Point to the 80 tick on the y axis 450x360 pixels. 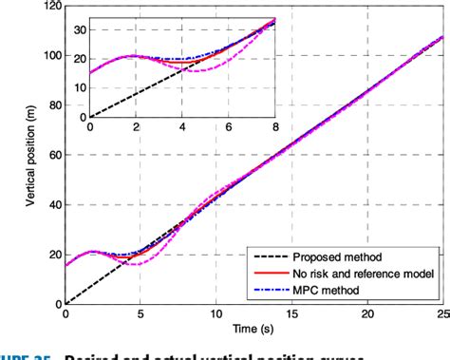pyautogui.click(x=55, y=105)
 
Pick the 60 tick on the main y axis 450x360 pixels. pyautogui.click(x=55, y=155)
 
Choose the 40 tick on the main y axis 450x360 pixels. pyautogui.click(x=55, y=204)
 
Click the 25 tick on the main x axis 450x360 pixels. pyautogui.click(x=442, y=313)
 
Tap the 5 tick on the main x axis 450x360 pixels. pyautogui.click(x=141, y=313)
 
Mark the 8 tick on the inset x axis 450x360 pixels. pyautogui.click(x=275, y=125)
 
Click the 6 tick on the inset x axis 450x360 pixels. pyautogui.click(x=229, y=125)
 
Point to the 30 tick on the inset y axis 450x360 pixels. pyautogui.click(x=81, y=29)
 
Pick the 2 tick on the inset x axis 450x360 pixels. pyautogui.click(x=136, y=125)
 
